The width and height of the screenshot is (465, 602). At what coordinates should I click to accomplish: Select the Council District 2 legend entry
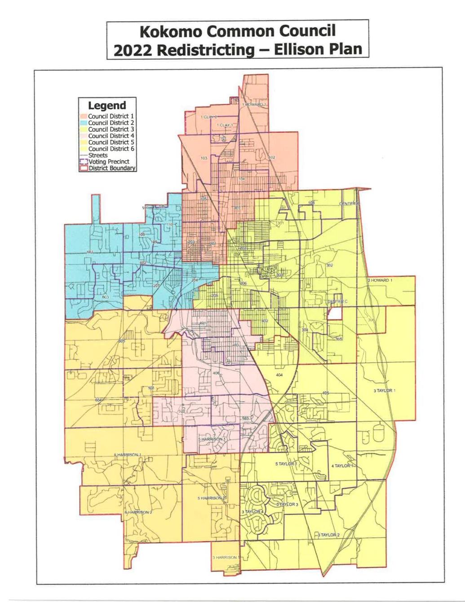tap(111, 122)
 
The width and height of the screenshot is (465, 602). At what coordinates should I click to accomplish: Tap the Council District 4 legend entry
tap(111, 135)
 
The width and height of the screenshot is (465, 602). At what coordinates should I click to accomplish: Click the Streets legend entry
tap(98, 155)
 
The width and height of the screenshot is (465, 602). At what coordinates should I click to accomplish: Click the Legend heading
tap(107, 106)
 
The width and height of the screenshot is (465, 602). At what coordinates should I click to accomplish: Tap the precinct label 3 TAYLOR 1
tap(384, 391)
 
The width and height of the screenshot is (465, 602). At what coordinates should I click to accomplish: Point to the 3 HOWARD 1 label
tap(381, 280)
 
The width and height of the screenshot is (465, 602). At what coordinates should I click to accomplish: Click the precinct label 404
tap(279, 375)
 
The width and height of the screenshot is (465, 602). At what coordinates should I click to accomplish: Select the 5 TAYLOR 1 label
tap(286, 464)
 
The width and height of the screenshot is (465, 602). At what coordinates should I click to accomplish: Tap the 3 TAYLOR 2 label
tap(329, 535)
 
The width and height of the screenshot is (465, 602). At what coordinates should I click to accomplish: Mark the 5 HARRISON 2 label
tap(211, 498)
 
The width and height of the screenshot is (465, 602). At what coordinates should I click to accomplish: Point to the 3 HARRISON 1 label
tap(226, 557)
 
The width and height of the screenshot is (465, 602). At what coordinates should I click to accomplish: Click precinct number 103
tap(204, 158)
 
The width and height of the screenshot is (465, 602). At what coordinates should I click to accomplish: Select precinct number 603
tap(105, 297)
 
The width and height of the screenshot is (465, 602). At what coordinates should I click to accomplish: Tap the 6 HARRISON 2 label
tap(138, 513)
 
